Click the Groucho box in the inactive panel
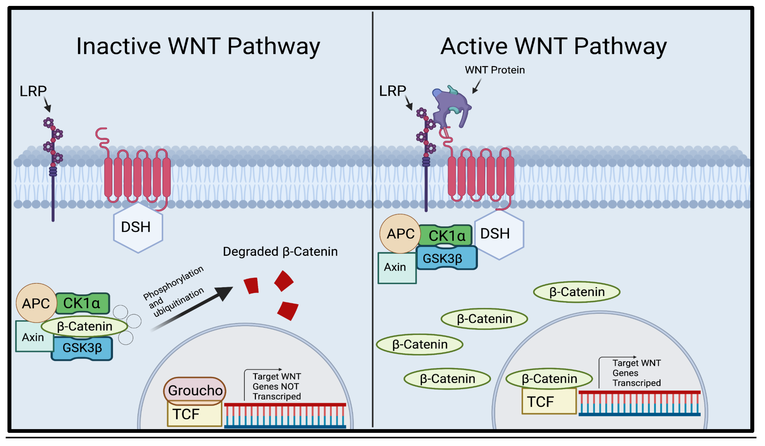point(195,390)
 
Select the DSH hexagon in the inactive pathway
point(138,227)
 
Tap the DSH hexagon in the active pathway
point(499,234)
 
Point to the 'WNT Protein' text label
point(495,70)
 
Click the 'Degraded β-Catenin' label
point(280,252)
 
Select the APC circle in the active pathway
point(400,234)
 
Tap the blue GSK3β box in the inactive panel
point(82,348)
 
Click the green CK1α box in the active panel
point(446,235)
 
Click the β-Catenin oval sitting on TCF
point(549,378)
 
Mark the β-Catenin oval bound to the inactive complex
point(84,326)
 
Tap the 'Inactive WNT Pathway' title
point(198,46)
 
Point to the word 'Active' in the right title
point(474,46)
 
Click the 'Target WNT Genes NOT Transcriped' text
point(276,386)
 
